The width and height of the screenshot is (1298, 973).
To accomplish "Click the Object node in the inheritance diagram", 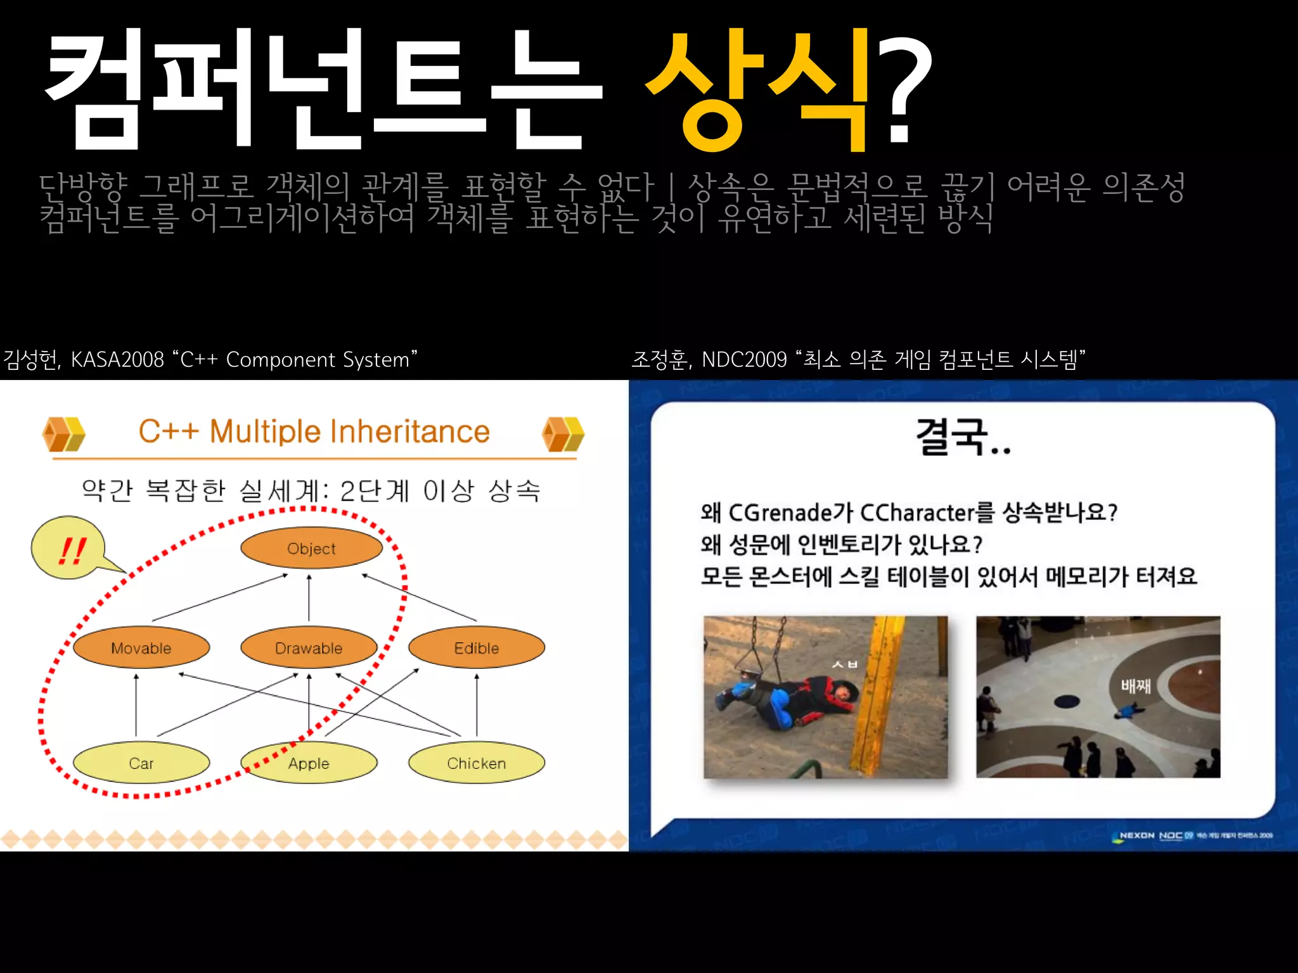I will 311,548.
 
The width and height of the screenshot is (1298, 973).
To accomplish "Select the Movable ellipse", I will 141,647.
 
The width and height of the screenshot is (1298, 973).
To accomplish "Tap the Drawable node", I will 309,647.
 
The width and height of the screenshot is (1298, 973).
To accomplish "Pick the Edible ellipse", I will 477,647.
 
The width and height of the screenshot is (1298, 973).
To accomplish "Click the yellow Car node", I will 141,763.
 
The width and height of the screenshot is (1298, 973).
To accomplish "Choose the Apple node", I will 309,763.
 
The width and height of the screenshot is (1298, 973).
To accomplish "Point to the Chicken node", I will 477,763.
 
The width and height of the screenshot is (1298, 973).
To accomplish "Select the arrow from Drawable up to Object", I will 309,597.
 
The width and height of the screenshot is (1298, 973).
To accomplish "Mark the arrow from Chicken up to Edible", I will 477,704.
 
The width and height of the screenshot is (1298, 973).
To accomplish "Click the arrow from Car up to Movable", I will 136,704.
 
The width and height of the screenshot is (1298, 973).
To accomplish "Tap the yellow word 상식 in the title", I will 757,89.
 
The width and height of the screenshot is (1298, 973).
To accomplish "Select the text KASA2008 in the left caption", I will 117,360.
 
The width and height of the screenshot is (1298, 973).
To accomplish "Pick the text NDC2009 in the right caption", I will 743,360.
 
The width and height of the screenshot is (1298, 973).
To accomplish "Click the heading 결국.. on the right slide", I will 963,436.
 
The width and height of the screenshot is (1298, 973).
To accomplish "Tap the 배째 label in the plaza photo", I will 1135,685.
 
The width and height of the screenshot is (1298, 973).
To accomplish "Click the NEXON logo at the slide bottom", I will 1137,836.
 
